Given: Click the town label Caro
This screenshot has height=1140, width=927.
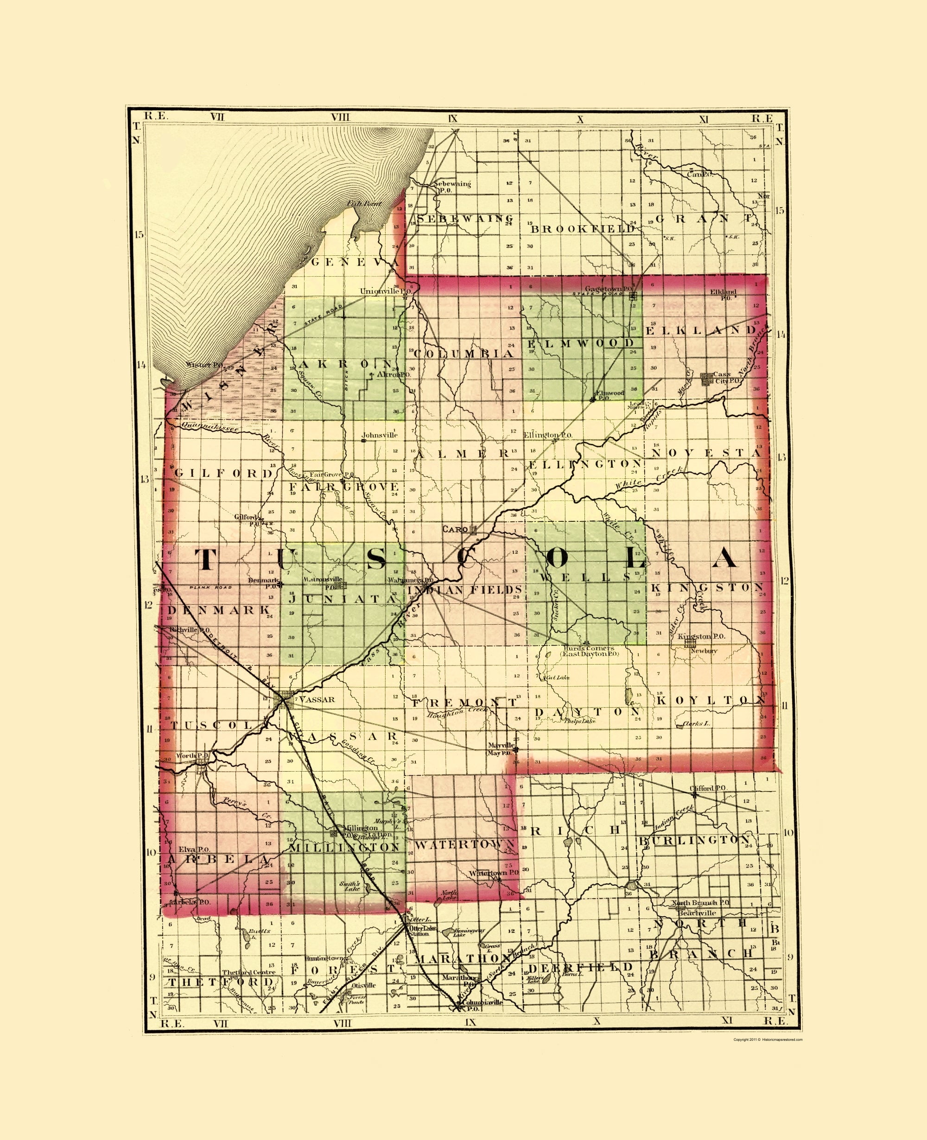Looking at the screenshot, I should [x=454, y=529].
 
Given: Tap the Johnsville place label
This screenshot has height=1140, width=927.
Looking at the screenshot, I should [x=379, y=435].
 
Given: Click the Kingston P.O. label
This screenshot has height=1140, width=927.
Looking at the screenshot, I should [x=701, y=636].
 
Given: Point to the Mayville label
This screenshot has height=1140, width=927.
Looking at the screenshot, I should [x=501, y=745].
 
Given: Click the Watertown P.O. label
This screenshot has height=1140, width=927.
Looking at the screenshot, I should [x=494, y=873].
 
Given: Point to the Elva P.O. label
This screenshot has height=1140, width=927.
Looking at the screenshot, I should [x=194, y=849].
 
